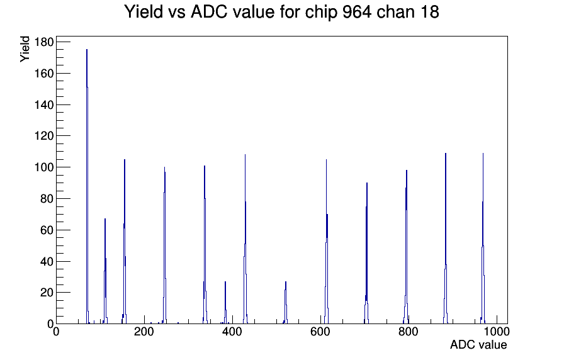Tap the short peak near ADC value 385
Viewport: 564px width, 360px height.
coord(225,302)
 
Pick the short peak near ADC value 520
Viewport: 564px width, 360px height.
coord(286,302)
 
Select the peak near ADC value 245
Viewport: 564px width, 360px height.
coord(164,245)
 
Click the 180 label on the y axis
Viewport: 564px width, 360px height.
coord(44,42)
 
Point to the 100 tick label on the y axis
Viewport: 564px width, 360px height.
coord(44,167)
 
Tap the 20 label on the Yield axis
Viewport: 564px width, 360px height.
coord(47,293)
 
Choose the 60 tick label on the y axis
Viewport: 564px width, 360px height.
coord(47,230)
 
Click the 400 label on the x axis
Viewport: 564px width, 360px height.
coord(232,332)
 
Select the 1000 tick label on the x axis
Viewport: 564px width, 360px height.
coord(497,332)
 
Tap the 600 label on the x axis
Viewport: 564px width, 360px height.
coord(320,332)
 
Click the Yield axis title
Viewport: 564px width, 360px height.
coord(25,49)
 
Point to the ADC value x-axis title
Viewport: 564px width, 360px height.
coord(478,345)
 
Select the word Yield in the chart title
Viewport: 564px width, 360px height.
coord(144,12)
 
